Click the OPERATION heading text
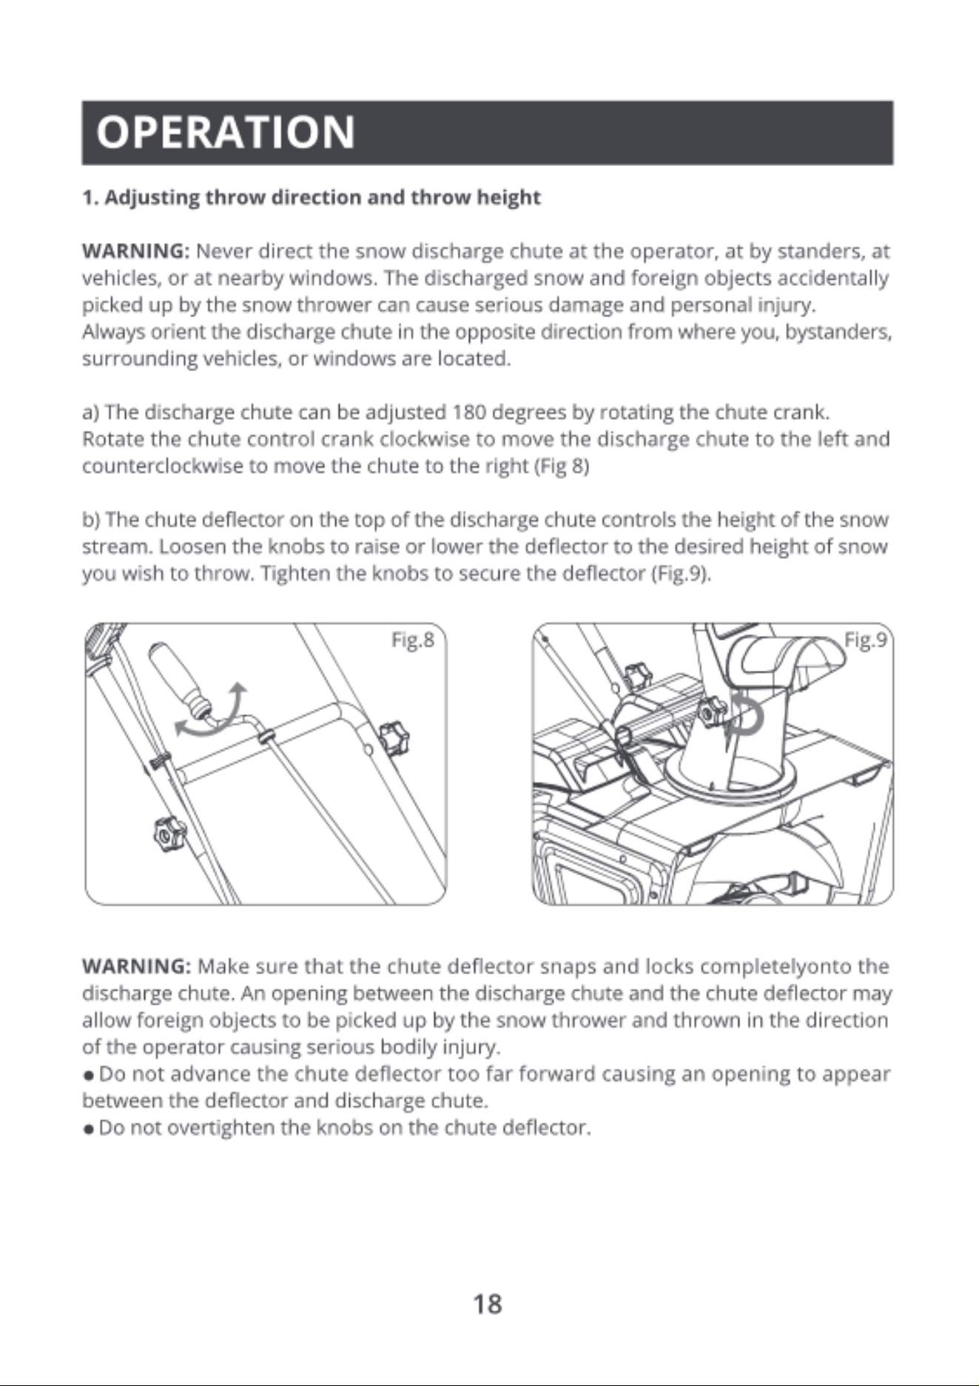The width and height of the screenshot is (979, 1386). tap(226, 132)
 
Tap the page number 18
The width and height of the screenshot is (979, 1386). tap(488, 1304)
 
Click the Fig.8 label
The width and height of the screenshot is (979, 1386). tap(412, 640)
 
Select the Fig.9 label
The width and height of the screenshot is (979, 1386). tap(866, 640)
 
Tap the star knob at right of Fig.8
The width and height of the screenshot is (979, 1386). tap(394, 737)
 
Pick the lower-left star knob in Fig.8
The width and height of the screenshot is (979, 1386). tap(169, 834)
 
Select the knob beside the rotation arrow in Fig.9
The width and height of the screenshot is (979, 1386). tap(711, 712)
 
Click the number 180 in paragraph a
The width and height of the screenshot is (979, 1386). tap(468, 412)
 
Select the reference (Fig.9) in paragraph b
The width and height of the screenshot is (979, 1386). tap(680, 574)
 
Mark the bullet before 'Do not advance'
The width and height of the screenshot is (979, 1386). tap(88, 1075)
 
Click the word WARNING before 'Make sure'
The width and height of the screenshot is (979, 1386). tap(137, 966)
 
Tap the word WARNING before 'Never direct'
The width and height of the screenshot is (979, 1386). tap(137, 251)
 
